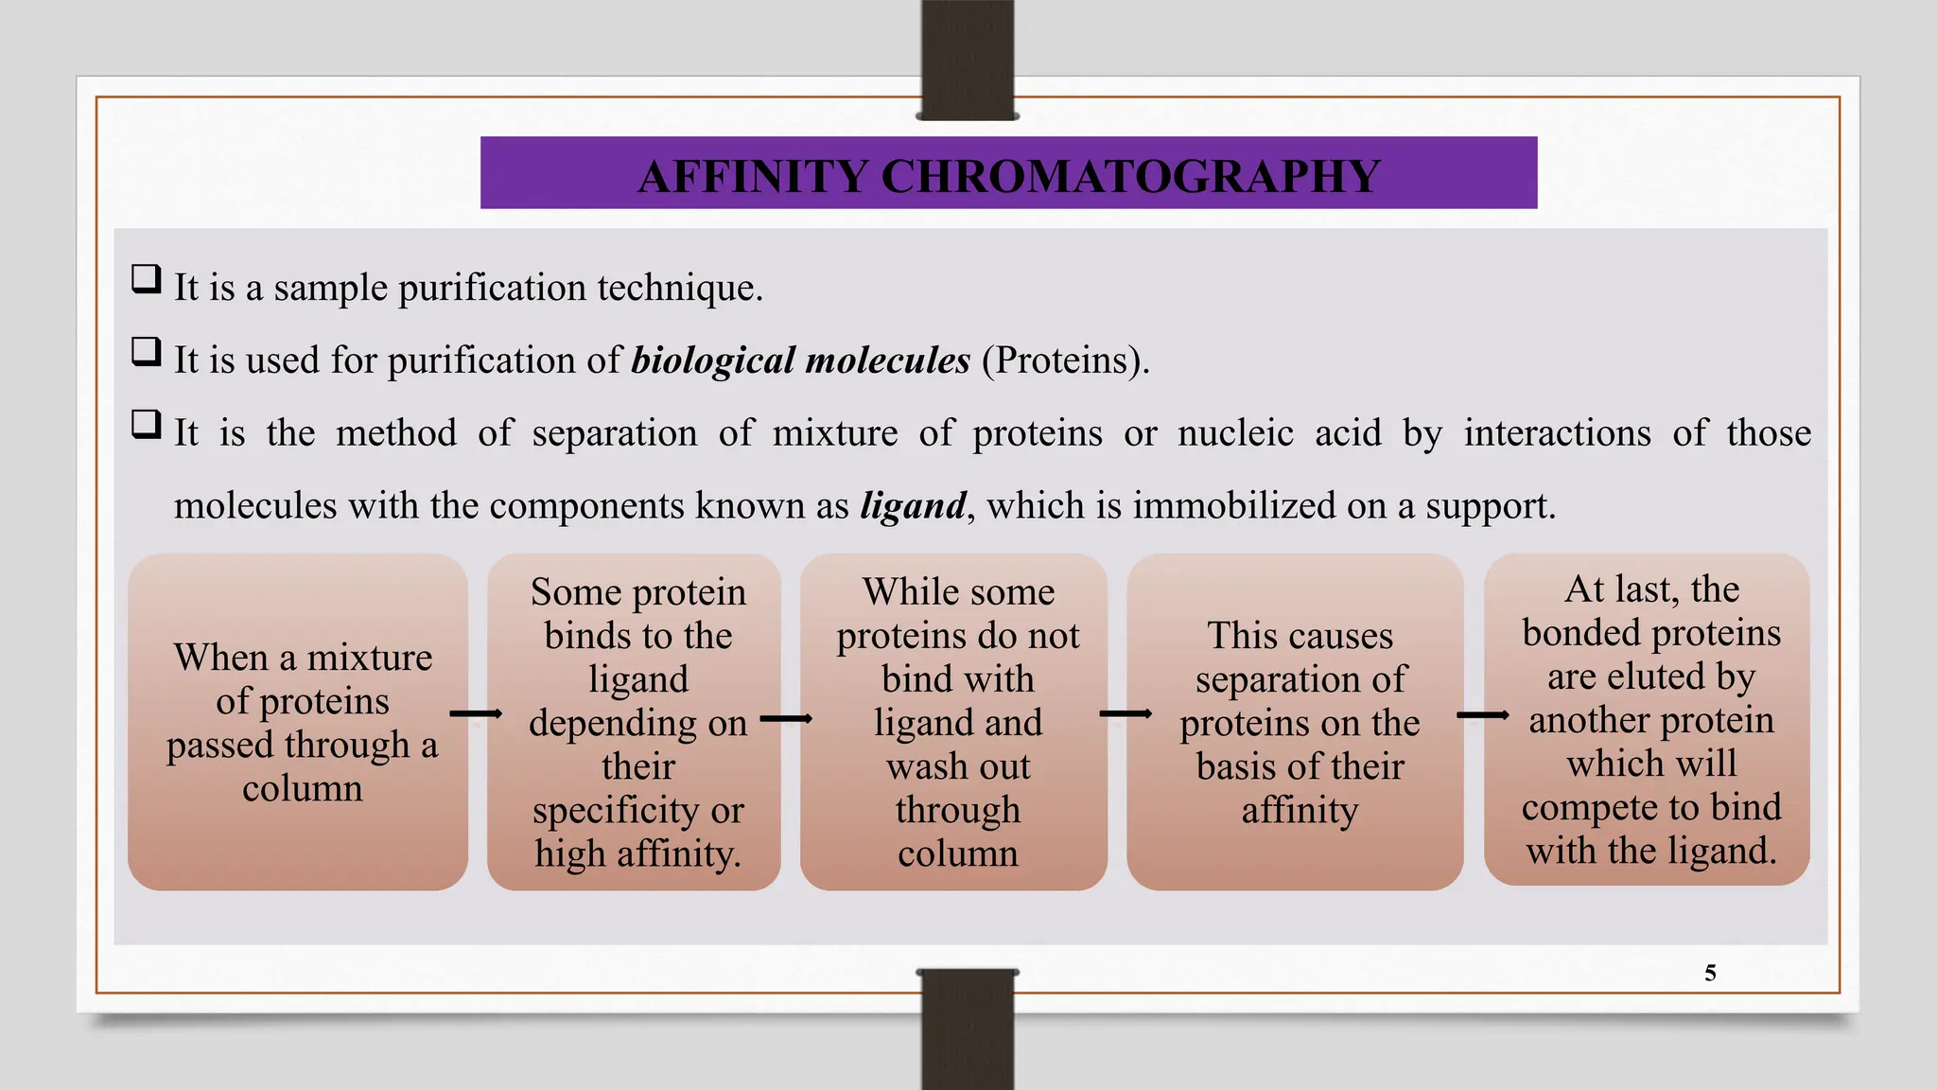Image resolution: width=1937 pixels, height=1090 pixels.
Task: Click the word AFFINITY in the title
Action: pos(753,177)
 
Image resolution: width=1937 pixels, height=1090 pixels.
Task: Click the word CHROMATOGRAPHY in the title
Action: pos(1131,177)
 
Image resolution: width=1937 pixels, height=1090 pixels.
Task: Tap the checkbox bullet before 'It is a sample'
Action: pos(146,280)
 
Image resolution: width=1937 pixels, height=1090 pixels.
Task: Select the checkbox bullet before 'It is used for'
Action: pos(146,352)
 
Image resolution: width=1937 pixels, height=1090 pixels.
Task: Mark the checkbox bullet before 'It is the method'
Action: pos(146,425)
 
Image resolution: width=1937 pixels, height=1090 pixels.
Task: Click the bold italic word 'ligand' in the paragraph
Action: pos(913,506)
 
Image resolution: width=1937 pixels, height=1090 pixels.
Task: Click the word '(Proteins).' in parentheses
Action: pos(1065,360)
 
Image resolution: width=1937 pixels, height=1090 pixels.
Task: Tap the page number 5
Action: pos(1710,973)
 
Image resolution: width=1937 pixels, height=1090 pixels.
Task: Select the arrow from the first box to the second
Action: pos(476,713)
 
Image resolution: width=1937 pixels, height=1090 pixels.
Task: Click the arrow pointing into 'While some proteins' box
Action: pos(786,719)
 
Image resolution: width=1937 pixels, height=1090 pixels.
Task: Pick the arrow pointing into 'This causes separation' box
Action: pos(1126,713)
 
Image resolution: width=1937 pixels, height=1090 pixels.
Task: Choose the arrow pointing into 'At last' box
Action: pos(1482,715)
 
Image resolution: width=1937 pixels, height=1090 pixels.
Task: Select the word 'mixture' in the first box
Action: pos(370,658)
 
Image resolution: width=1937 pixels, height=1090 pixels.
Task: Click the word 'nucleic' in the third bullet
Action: pos(1235,433)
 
